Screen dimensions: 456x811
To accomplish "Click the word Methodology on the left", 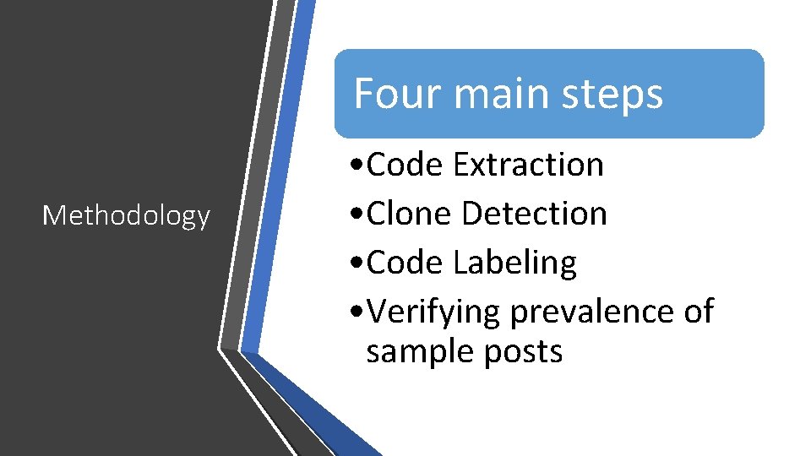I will [x=126, y=216].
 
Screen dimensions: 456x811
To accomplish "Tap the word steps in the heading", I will [x=618, y=95].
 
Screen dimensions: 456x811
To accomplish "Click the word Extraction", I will [x=528, y=165].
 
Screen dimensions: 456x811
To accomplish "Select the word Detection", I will [x=535, y=214].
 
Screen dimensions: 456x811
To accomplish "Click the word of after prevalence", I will [x=698, y=312].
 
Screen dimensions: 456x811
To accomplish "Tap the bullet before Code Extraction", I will [x=359, y=166].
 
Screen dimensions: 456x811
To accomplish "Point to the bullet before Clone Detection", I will [x=359, y=214].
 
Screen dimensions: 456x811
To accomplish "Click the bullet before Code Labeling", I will [x=359, y=263].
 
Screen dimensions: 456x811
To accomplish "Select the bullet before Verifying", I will [x=359, y=312].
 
